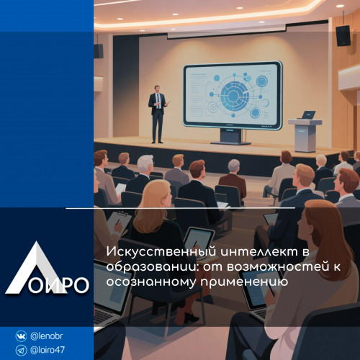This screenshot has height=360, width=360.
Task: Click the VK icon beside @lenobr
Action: click(21, 336)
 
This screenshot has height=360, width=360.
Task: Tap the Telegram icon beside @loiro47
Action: click(21, 350)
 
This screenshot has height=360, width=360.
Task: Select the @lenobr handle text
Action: click(47, 336)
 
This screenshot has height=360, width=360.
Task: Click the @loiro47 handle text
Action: click(48, 350)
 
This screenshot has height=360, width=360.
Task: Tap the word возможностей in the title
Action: click(278, 267)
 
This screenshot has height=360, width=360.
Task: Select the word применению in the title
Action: click(244, 282)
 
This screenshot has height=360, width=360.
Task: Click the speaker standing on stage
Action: click(158, 114)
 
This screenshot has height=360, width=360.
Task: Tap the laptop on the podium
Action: click(307, 114)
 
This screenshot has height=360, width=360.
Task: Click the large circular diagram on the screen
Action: click(233, 96)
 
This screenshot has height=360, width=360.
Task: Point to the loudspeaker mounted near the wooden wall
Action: click(343, 35)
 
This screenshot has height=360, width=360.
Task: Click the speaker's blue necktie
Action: click(158, 102)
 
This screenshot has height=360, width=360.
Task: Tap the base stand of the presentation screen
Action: click(231, 137)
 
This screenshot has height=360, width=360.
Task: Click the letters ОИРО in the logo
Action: click(59, 285)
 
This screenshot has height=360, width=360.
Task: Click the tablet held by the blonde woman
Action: click(199, 238)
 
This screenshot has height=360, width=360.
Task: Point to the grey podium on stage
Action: click(305, 135)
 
